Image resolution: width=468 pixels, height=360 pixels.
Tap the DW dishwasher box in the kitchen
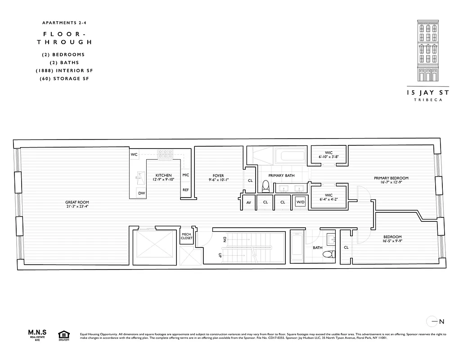(x=142, y=193)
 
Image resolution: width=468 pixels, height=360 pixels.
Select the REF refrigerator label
(x=185, y=190)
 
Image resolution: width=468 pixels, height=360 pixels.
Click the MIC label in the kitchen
(x=185, y=175)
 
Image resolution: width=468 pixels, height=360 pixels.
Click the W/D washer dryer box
(x=300, y=202)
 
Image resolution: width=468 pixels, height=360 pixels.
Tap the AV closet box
(x=248, y=202)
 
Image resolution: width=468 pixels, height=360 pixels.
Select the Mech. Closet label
(x=187, y=236)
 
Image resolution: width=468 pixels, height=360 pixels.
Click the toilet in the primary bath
(x=265, y=186)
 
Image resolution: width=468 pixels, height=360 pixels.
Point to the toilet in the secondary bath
(x=328, y=255)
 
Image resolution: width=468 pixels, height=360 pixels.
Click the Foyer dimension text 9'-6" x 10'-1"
(x=219, y=180)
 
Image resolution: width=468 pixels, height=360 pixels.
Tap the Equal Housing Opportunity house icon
(x=63, y=335)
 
